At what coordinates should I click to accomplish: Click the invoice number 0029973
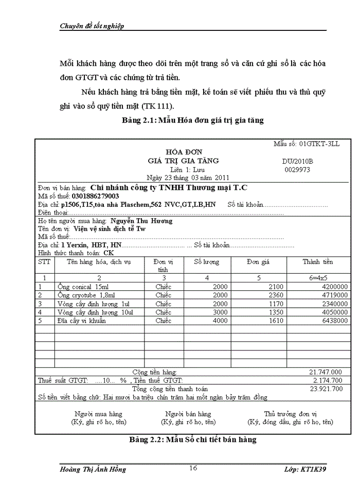[x=297, y=169]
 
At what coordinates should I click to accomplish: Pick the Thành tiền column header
[x=318, y=262]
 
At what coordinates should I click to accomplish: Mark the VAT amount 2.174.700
[x=327, y=380]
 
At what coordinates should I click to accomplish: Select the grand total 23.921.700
[x=326, y=389]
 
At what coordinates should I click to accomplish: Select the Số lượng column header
[x=206, y=262]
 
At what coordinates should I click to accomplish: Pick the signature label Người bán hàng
[x=188, y=414]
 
